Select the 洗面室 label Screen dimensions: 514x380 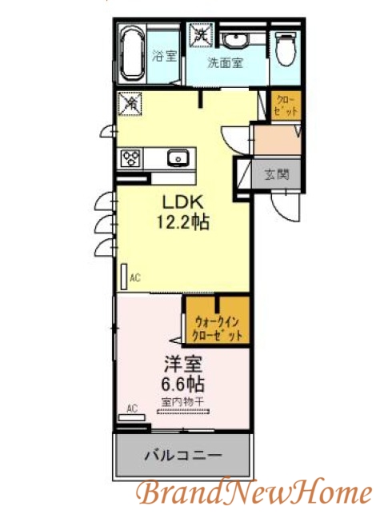[226, 62]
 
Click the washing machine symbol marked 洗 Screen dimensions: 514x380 [200, 35]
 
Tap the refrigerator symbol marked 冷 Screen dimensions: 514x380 [130, 104]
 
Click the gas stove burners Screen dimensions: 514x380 [130, 158]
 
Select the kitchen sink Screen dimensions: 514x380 [178, 157]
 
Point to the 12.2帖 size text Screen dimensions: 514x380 [184, 222]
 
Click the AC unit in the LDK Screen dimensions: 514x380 [124, 277]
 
